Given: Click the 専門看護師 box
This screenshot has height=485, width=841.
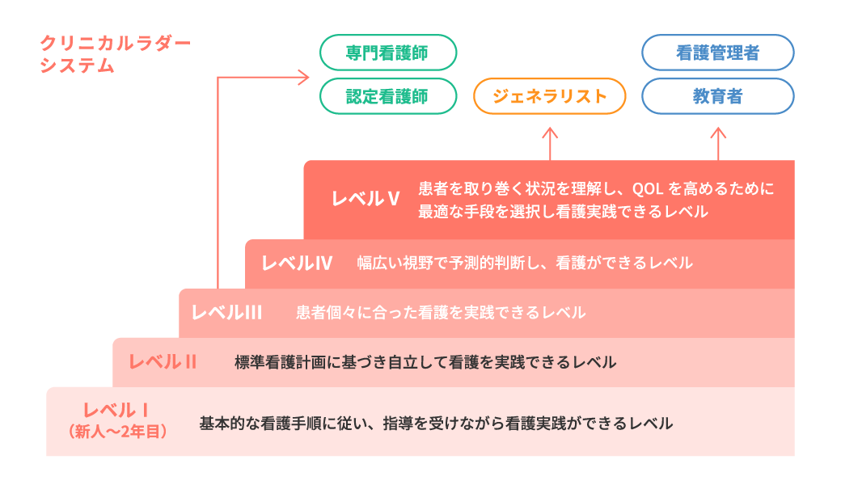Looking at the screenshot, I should click(388, 53).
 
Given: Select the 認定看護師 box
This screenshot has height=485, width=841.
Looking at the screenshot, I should click(388, 96).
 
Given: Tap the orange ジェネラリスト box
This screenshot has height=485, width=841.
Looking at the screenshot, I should click(550, 96).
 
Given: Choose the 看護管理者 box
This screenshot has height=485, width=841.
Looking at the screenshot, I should click(717, 53).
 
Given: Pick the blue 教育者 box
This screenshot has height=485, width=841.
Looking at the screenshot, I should click(717, 96).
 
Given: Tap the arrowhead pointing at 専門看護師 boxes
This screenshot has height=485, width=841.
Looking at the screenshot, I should click(304, 78).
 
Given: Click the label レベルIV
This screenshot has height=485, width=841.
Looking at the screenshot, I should click(297, 263).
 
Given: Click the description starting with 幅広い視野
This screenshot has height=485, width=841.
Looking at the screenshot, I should click(525, 263).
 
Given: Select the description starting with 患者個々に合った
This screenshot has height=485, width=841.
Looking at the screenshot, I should click(441, 312).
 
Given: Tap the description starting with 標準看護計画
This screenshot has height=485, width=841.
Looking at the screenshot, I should click(425, 362).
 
